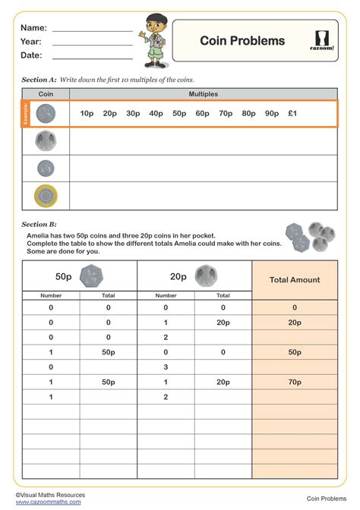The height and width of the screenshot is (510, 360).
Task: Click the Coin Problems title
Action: pyautogui.click(x=242, y=41)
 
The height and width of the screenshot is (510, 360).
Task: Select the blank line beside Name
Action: pyautogui.click(x=92, y=28)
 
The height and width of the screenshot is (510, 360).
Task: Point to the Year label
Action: pyautogui.click(x=31, y=42)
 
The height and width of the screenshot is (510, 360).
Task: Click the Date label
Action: pyautogui.click(x=31, y=55)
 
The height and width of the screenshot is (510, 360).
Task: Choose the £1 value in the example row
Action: pyautogui.click(x=292, y=114)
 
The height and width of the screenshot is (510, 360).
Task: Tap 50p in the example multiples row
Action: pyautogui.click(x=179, y=114)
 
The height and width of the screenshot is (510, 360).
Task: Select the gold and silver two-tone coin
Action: pyautogui.click(x=46, y=197)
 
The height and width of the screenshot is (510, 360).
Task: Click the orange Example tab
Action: pyautogui.click(x=26, y=114)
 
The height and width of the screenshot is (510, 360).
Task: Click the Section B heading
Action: pyautogui.click(x=39, y=224)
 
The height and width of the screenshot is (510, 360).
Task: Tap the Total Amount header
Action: pyautogui.click(x=295, y=280)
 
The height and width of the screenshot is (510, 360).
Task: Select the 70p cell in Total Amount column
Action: pyautogui.click(x=295, y=382)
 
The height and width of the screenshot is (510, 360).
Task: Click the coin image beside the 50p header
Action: pyautogui.click(x=91, y=275)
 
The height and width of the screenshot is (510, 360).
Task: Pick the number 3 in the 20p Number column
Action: pyautogui.click(x=166, y=367)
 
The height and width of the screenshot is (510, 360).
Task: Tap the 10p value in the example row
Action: pyautogui.click(x=87, y=114)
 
